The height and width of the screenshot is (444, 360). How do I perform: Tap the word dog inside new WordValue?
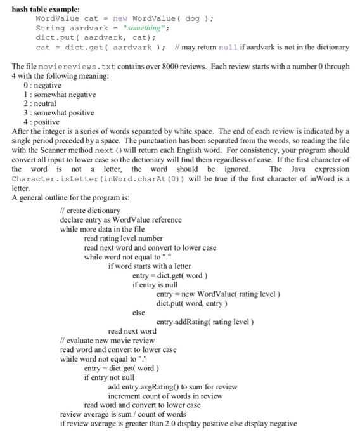193,18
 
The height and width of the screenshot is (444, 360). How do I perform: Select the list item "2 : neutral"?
40,103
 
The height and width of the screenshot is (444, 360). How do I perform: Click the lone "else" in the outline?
139,312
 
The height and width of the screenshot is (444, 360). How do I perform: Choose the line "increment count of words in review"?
165,396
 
